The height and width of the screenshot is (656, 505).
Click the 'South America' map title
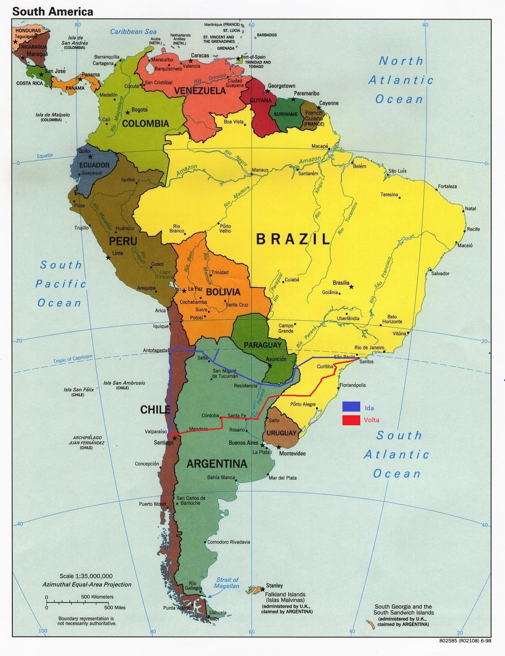(x=53, y=11)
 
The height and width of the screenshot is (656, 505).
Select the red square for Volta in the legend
(x=351, y=420)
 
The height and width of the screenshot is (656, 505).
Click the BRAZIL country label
(x=293, y=239)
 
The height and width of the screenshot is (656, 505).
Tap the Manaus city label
(x=260, y=170)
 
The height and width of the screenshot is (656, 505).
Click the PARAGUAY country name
(x=262, y=345)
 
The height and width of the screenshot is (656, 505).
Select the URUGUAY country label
(x=281, y=433)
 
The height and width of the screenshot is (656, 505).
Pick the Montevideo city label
(x=292, y=453)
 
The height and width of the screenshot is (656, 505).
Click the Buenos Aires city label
(x=243, y=443)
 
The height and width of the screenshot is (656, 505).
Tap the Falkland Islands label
(x=287, y=594)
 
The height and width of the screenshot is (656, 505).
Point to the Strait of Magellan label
(x=227, y=582)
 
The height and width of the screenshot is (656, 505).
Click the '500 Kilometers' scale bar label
(x=97, y=597)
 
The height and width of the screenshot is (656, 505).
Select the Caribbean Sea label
(x=133, y=32)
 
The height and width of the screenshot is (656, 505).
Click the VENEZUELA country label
(x=200, y=91)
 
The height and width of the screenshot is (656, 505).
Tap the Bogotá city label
(x=139, y=110)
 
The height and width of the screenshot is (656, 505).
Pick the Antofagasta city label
(x=156, y=350)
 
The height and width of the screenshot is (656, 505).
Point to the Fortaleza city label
(x=447, y=186)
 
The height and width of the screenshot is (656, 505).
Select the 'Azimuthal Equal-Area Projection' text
(x=87, y=584)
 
